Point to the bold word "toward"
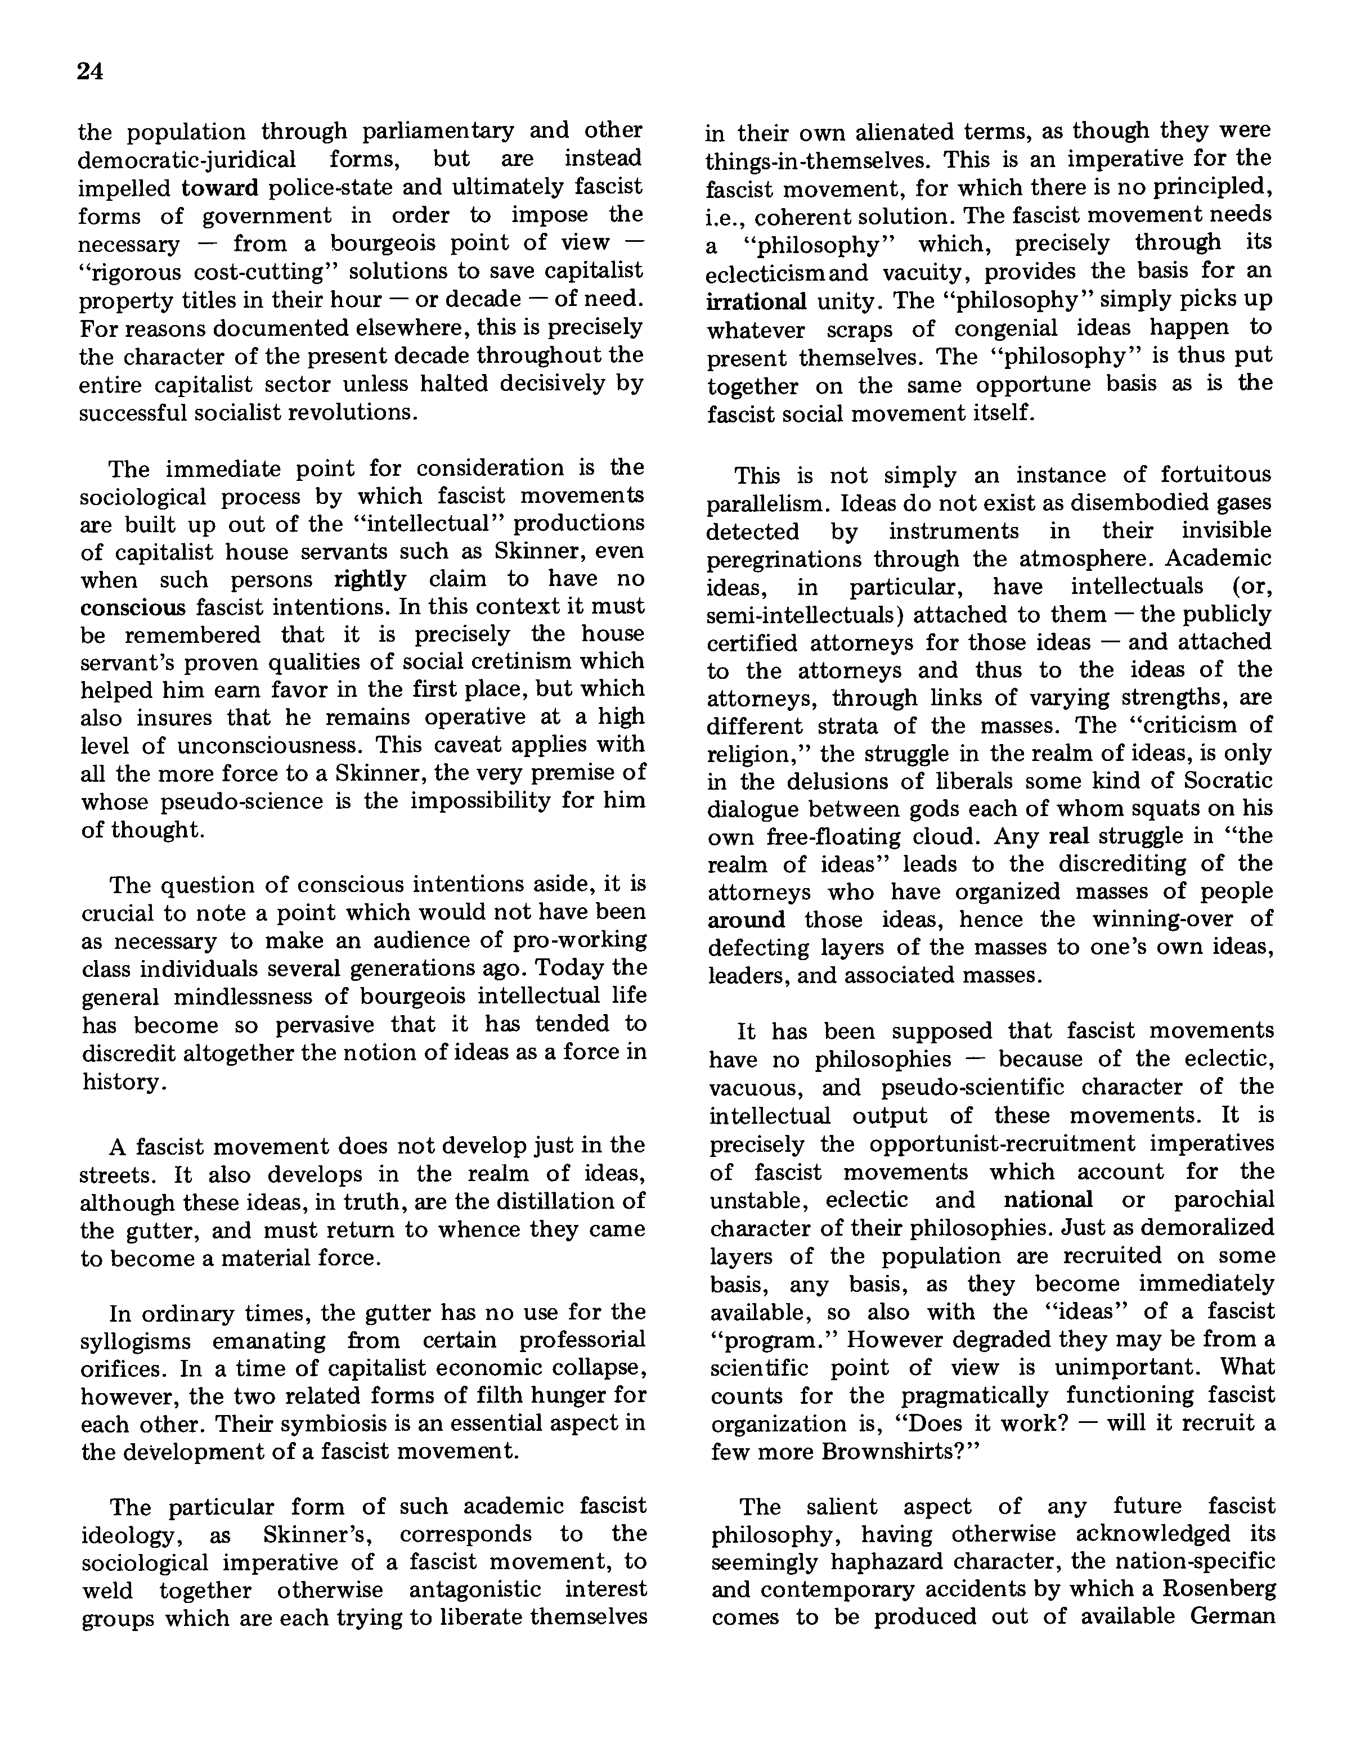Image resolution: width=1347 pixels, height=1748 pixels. click(x=220, y=187)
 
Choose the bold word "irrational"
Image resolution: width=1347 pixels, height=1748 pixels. click(x=756, y=301)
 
